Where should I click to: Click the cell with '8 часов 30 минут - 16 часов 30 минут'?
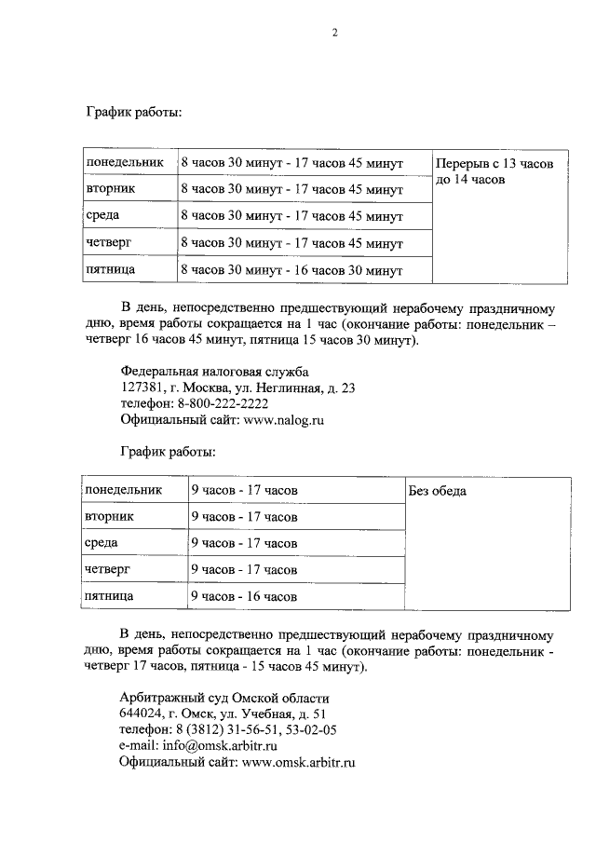point(291,270)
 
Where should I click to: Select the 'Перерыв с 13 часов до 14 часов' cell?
point(494,170)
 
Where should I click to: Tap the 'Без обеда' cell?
point(438,491)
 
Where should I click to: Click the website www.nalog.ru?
point(283,420)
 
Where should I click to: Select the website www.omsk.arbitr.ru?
point(299,762)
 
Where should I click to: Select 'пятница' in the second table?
point(109,595)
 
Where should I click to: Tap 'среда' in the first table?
point(102,216)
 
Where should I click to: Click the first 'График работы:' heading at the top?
point(134,113)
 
